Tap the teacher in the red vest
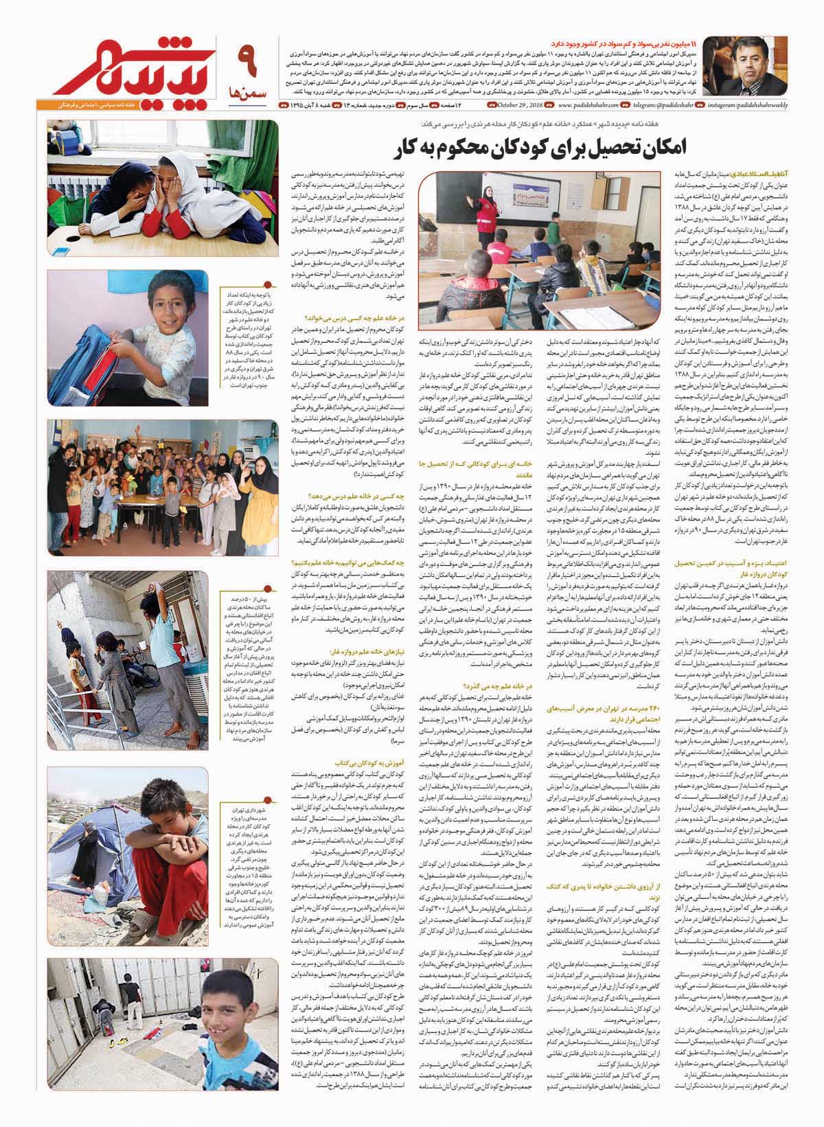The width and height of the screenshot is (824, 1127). (487, 209)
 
